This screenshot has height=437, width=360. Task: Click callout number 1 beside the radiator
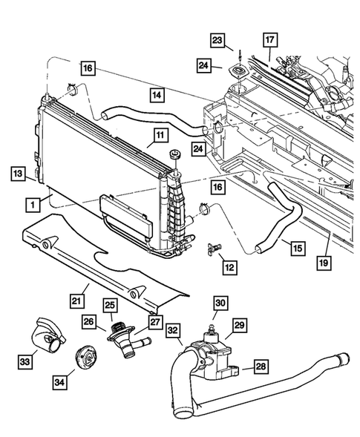pyautogui.click(x=31, y=202)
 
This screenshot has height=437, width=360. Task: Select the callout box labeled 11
pyautogui.click(x=159, y=135)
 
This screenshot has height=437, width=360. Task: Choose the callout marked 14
pyautogui.click(x=157, y=95)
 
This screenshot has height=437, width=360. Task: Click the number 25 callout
pyautogui.click(x=111, y=306)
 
